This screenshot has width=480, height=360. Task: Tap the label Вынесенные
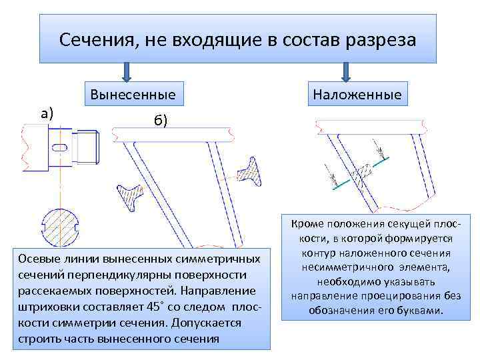pyautogui.click(x=133, y=95)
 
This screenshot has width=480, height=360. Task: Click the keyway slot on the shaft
pyautogui.click(x=60, y=146)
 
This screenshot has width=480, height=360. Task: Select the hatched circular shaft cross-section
pyautogui.click(x=60, y=228)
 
